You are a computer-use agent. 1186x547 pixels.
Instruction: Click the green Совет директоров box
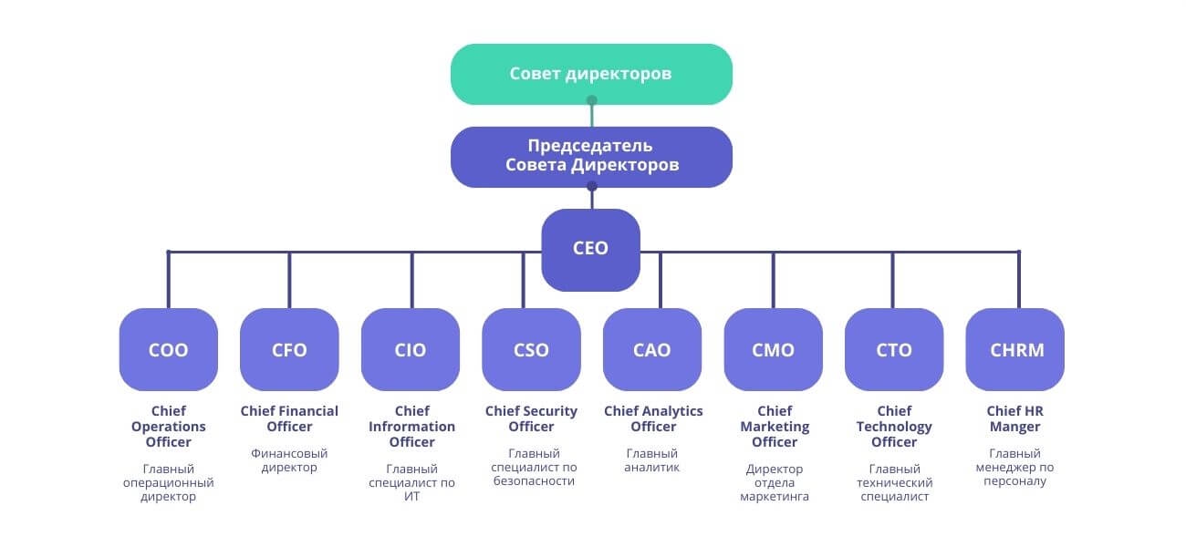[591, 74]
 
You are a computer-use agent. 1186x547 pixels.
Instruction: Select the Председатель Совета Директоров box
[591, 157]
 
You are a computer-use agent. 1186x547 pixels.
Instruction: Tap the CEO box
[590, 249]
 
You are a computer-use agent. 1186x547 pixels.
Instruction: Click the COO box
[168, 350]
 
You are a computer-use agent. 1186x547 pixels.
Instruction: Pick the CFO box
[289, 350]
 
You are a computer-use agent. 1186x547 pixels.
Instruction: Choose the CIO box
[411, 350]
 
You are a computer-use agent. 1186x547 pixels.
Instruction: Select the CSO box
[531, 350]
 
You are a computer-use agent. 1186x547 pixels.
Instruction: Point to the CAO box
[652, 350]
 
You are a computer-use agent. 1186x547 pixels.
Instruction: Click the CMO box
[773, 350]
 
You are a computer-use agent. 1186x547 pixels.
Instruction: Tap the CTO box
[894, 350]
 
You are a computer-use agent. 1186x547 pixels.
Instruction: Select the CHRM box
[1015, 350]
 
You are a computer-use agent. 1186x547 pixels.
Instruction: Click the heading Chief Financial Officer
[289, 418]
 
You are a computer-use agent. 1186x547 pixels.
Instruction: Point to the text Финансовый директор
[289, 460]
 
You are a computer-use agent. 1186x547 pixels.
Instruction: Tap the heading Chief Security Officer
[531, 418]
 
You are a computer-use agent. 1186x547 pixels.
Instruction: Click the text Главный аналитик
[652, 460]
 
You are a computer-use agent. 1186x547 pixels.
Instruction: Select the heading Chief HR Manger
[1015, 418]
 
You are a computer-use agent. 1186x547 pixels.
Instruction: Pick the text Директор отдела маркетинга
[775, 483]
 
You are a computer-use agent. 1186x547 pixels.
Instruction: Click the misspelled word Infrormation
[411, 427]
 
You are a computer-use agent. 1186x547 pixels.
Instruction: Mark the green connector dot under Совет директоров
[592, 100]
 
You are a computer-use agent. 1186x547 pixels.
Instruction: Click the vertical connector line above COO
[168, 280]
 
